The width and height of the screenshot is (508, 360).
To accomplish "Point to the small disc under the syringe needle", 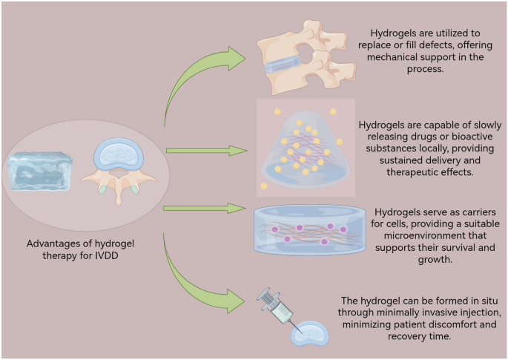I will point(311,336).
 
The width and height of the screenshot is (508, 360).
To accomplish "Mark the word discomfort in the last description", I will point(461,324).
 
